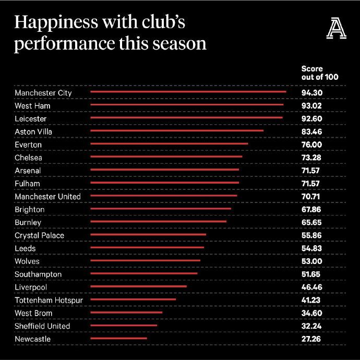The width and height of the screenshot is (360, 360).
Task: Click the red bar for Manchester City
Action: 188,92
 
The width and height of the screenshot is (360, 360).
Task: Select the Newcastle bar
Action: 118,339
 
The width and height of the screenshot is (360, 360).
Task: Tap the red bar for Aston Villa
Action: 177,131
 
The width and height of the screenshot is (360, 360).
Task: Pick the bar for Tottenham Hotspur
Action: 133,299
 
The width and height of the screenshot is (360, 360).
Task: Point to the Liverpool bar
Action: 138,286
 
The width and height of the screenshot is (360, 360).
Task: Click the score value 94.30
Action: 311,93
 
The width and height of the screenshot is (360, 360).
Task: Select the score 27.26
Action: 311,339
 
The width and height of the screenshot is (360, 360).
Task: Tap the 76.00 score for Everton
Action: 311,145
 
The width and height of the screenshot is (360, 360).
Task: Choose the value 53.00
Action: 311,261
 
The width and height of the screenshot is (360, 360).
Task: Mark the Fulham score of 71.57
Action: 311,184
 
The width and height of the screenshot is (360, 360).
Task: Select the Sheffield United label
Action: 42,326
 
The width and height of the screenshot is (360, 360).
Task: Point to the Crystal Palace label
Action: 40,235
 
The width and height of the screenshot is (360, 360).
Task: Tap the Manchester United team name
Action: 48,196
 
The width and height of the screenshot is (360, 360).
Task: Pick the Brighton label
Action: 30,209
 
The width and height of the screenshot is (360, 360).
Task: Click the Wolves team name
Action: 27,261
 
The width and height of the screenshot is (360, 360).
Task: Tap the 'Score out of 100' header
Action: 320,73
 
